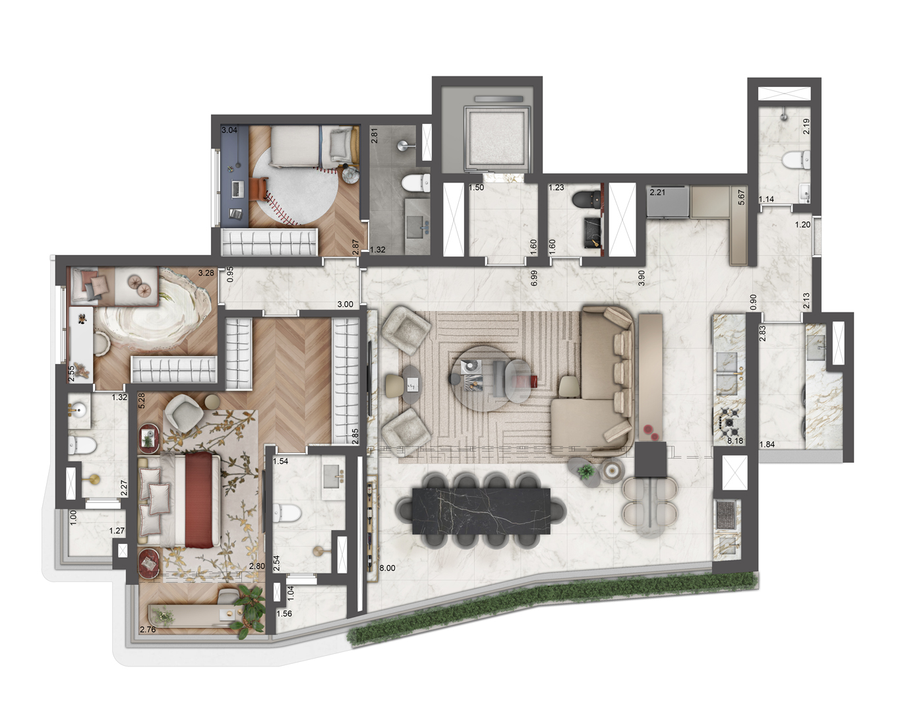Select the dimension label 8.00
tap(387, 568)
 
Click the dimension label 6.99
tap(534, 278)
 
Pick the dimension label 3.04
tap(229, 131)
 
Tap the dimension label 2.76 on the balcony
tap(148, 630)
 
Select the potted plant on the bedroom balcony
tap(252, 609)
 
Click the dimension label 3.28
tap(206, 273)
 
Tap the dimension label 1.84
tap(767, 444)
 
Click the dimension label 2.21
tap(658, 193)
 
